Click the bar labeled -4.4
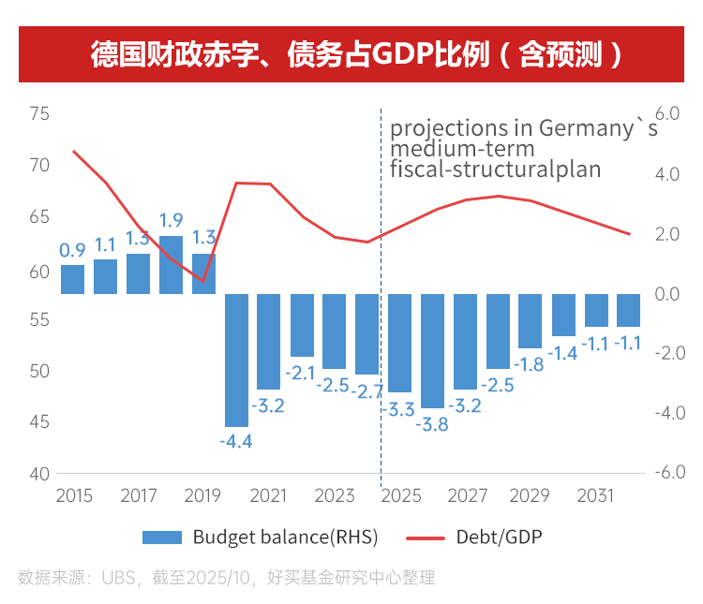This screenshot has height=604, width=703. [236, 360]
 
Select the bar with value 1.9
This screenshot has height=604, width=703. [171, 265]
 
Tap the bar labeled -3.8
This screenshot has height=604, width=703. [433, 350]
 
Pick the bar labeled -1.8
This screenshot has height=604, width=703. [531, 321]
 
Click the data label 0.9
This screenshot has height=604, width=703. [72, 250]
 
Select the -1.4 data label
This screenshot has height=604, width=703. [562, 353]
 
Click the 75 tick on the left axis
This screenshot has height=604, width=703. [38, 114]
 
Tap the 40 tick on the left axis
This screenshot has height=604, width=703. [38, 474]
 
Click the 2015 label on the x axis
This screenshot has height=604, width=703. [74, 494]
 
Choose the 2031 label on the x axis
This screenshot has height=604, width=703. [597, 494]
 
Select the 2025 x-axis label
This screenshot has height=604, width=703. [401, 494]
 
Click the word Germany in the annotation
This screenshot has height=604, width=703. [585, 128]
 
